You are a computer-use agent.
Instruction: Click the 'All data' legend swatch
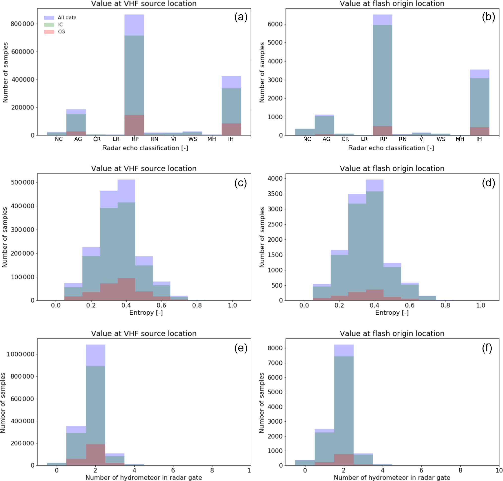point(49,18)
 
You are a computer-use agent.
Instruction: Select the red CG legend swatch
point(49,32)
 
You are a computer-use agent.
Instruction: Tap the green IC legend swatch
point(49,25)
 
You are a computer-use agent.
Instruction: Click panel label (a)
point(240,17)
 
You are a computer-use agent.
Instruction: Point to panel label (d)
point(488,183)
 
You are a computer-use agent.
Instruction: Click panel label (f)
point(487,348)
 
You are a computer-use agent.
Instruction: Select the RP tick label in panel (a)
point(135,139)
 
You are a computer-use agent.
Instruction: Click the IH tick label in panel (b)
point(479,139)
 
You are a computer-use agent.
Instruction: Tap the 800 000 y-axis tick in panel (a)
point(22,24)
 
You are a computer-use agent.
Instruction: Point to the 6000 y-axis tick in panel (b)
point(275,24)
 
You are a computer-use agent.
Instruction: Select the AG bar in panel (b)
point(324,126)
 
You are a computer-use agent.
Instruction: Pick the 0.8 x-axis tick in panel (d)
point(445,305)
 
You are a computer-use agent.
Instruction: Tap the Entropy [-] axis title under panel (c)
point(146,313)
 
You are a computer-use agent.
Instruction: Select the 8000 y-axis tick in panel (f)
point(275,348)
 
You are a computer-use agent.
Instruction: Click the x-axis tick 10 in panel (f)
point(499,470)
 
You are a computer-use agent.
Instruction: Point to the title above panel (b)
point(392,3)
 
